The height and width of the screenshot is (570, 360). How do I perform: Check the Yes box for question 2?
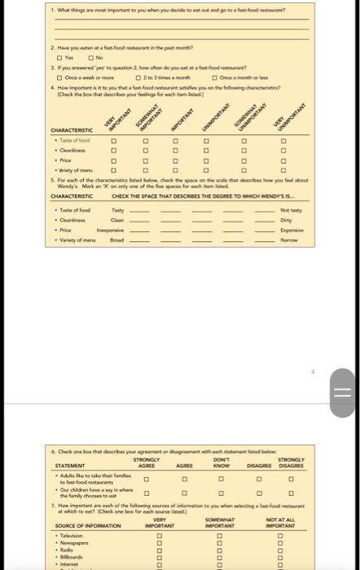click(x=58, y=58)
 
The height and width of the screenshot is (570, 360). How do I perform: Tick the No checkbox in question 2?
click(x=91, y=58)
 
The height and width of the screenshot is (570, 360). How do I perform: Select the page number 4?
click(x=312, y=370)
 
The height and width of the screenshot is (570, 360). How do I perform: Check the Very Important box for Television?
click(x=160, y=536)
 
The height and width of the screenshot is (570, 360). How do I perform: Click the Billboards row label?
click(x=69, y=556)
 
